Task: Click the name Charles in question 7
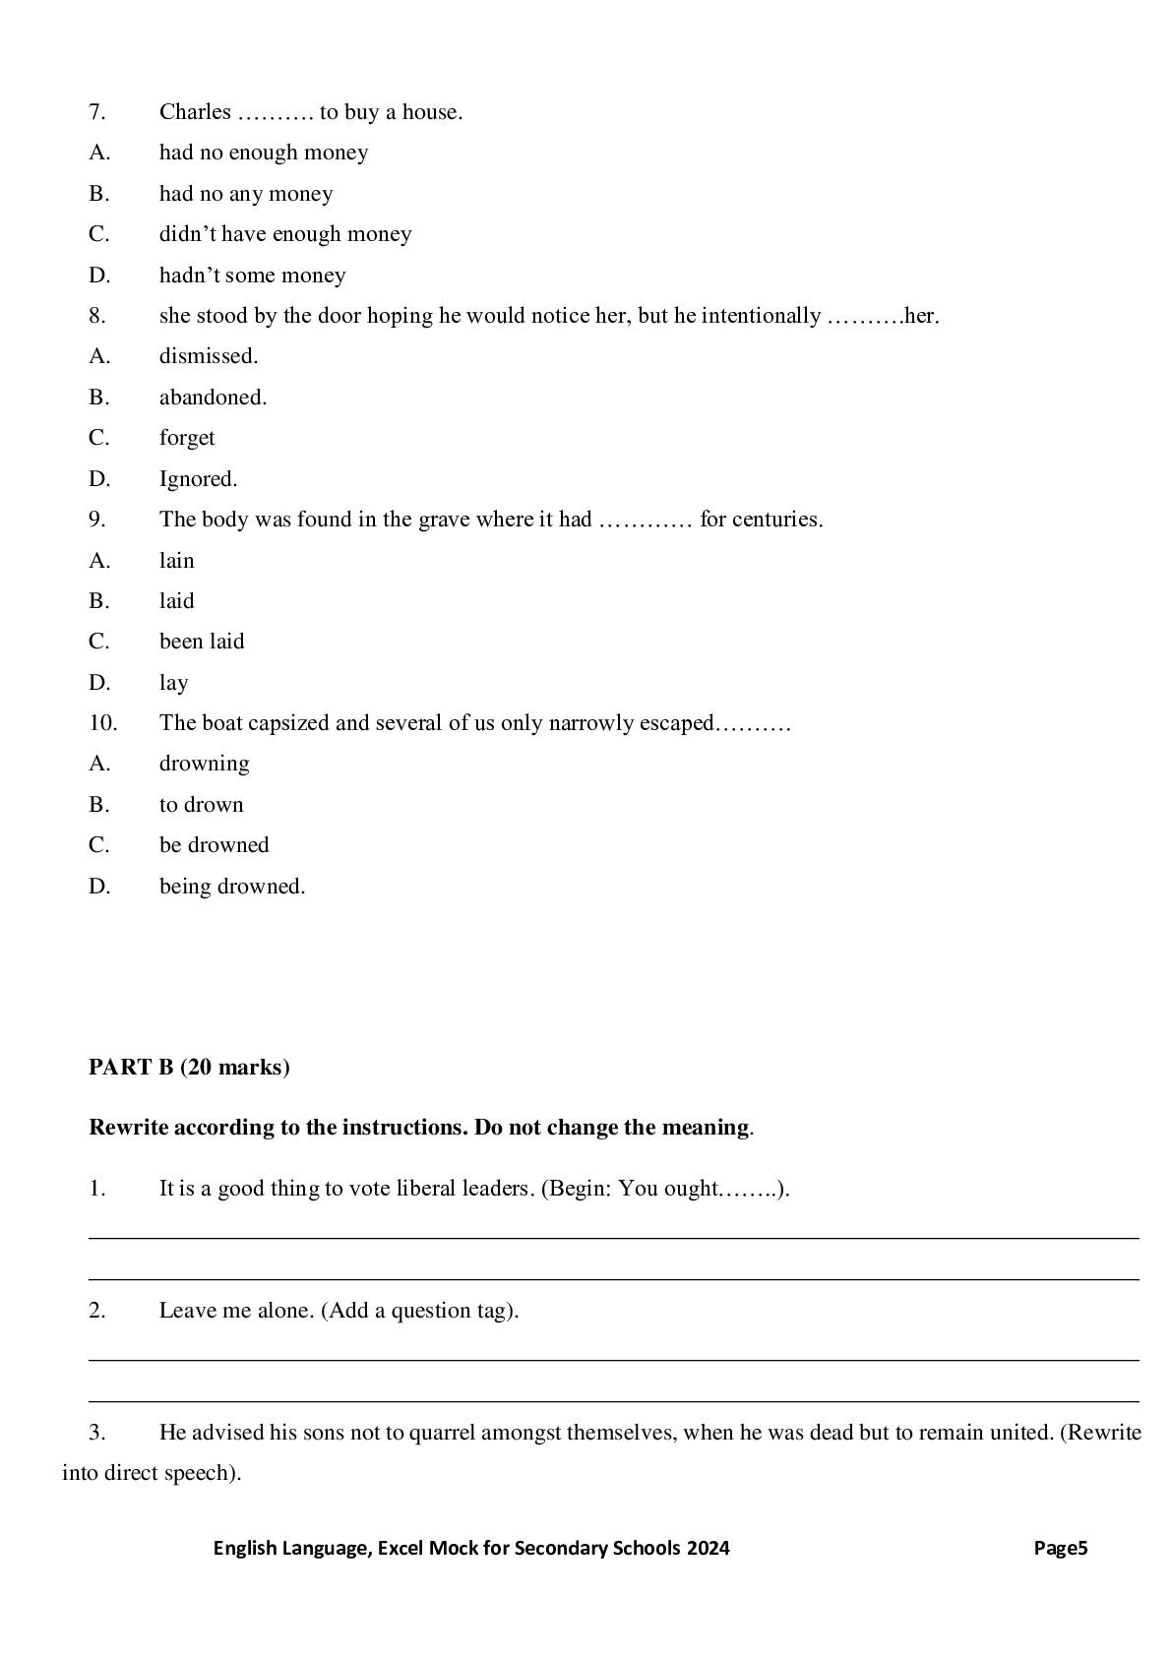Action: click(195, 112)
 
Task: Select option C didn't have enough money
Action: click(285, 234)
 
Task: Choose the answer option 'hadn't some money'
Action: click(252, 276)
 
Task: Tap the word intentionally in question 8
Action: click(760, 316)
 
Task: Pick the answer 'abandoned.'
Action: click(213, 398)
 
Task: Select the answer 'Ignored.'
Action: click(198, 479)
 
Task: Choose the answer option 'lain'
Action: click(177, 561)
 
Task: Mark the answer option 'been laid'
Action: click(202, 642)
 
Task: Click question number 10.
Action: click(102, 723)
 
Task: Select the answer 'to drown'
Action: click(201, 805)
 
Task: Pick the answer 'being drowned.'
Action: click(232, 887)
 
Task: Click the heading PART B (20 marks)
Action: click(189, 1068)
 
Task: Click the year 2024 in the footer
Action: click(709, 1548)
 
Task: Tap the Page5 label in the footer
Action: click(1060, 1548)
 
